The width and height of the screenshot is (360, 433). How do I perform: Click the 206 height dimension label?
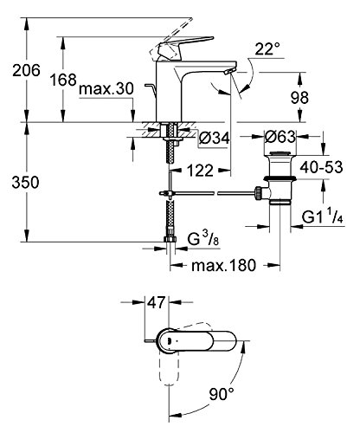tap(26, 70)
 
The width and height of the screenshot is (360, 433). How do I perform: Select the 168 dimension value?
tap(63, 80)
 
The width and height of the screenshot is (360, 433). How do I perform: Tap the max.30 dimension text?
tap(106, 88)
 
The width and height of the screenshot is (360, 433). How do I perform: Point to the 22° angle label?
tap(267, 48)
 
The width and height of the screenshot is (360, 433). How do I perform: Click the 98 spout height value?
tap(299, 98)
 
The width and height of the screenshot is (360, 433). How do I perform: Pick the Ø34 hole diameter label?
tap(215, 138)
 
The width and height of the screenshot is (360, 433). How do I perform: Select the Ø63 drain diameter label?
tap(280, 137)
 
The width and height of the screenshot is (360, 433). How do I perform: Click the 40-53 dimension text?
tap(321, 167)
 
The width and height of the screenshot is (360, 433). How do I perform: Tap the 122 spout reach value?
tap(200, 171)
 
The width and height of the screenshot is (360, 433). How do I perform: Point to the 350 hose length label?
tap(25, 183)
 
